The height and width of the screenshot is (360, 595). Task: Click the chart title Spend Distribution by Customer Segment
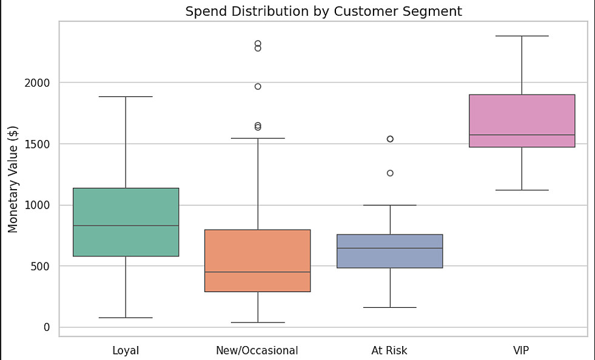click(323, 11)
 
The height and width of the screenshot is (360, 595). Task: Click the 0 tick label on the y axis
click(47, 327)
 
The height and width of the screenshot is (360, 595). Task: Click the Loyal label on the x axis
click(126, 350)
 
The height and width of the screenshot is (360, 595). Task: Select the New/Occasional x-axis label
click(257, 350)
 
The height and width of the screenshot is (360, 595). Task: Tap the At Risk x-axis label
click(389, 350)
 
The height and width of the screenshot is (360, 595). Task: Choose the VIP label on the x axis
click(522, 350)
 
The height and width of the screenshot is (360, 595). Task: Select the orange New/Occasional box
click(258, 255)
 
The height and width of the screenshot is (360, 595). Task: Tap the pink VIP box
click(522, 115)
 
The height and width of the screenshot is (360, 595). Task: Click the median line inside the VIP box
click(522, 135)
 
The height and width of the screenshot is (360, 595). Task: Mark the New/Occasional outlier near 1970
click(258, 87)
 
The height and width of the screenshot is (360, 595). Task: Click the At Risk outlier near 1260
click(390, 173)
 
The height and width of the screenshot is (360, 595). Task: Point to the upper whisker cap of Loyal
click(126, 97)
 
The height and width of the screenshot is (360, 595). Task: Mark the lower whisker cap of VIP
click(522, 190)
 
